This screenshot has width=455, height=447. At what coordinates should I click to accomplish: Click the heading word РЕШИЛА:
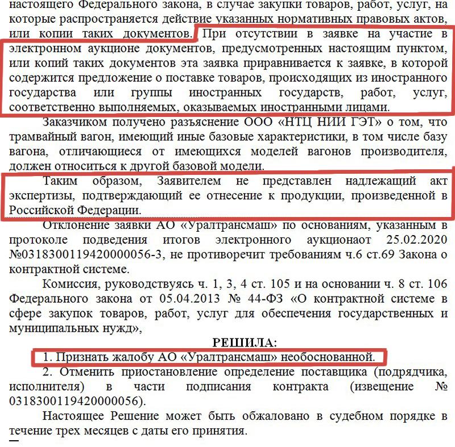(x=243, y=342)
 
